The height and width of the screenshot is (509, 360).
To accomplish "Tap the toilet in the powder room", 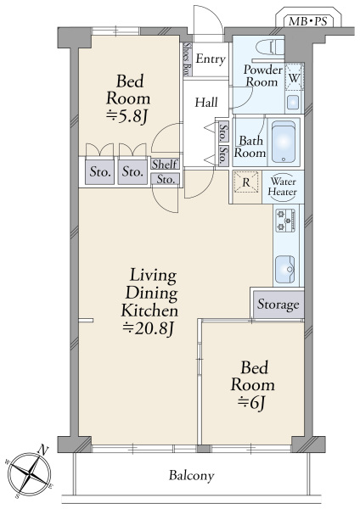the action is (269, 47).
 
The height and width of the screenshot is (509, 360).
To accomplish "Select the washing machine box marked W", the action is (294, 76).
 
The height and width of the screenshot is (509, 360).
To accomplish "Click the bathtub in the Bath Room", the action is (284, 142).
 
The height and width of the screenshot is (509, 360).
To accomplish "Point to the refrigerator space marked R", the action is (246, 182).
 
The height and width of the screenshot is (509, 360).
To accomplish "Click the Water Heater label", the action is (283, 187).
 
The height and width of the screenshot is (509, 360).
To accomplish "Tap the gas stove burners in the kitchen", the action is (285, 221).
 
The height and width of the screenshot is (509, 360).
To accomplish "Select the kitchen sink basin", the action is (285, 269).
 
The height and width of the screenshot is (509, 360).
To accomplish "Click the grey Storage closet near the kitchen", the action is (278, 305).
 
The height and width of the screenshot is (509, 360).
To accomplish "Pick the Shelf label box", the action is (165, 164).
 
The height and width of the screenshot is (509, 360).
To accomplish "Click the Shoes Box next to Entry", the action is (187, 59).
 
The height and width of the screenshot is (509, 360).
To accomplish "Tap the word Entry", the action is (211, 59).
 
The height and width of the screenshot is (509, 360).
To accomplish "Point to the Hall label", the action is (206, 103).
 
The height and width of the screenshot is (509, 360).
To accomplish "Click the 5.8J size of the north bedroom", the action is (127, 117).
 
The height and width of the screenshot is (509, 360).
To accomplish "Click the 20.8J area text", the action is (149, 329).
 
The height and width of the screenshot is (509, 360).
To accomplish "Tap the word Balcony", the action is (191, 476).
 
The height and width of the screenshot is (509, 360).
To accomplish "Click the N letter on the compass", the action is (43, 450).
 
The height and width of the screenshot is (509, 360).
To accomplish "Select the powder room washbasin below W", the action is (294, 103).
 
